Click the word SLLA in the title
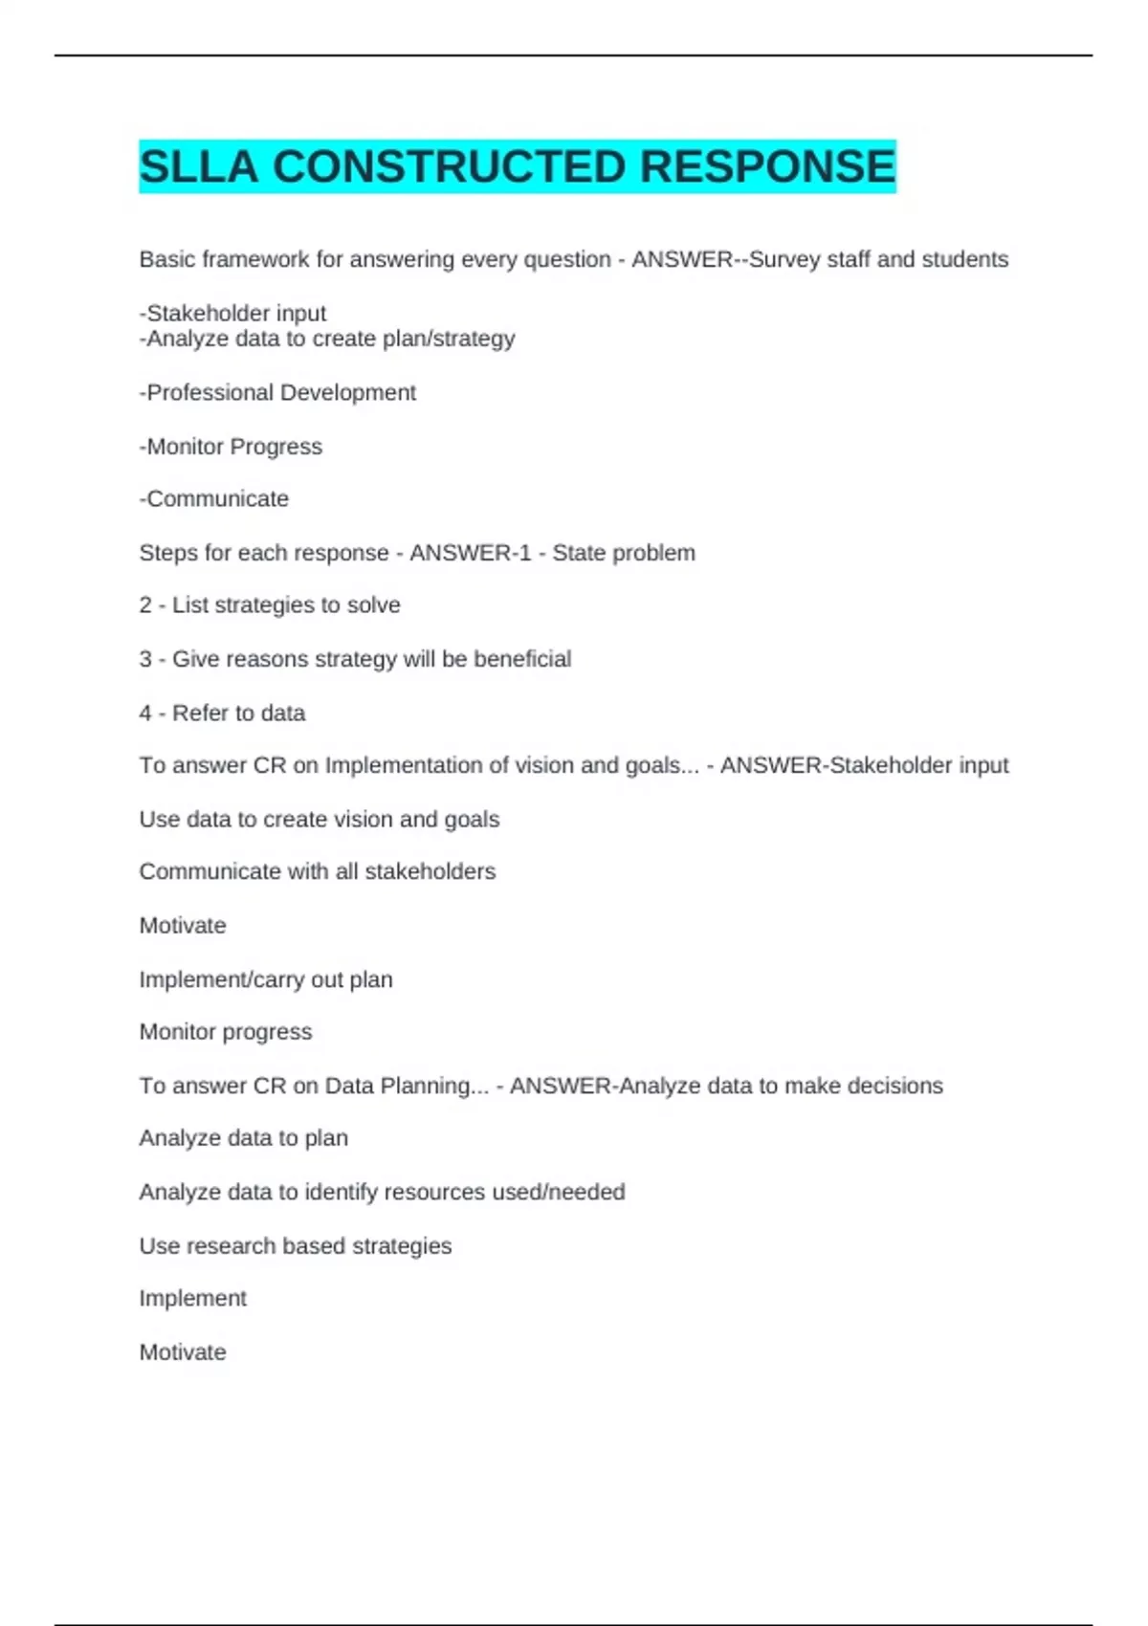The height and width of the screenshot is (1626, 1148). (198, 166)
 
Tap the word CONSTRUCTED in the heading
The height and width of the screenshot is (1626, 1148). (449, 166)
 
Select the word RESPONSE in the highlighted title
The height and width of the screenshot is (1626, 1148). (767, 166)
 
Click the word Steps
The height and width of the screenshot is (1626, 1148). (165, 553)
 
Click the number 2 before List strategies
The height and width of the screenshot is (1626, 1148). (145, 605)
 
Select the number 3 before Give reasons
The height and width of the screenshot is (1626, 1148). (145, 659)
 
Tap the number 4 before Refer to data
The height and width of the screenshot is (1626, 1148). (145, 713)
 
